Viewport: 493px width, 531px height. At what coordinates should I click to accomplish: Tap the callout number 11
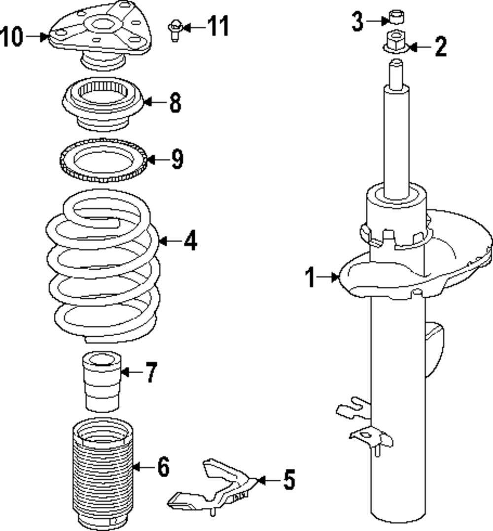(217, 26)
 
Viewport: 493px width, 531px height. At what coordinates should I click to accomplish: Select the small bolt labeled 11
(175, 30)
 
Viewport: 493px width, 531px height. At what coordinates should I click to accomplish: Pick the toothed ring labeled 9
(103, 161)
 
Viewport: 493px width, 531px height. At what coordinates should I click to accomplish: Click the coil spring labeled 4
(104, 266)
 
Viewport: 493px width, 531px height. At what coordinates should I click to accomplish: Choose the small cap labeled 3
(396, 17)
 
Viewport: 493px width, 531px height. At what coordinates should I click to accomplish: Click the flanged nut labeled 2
(394, 42)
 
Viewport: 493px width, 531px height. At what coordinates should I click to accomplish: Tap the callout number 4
(190, 241)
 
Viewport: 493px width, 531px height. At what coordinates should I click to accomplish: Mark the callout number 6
(163, 466)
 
